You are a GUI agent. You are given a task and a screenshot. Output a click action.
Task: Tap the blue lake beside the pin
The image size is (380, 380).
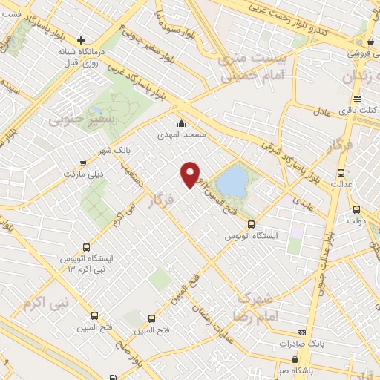[232, 181]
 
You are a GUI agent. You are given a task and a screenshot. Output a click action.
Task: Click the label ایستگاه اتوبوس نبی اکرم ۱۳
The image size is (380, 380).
[88, 263]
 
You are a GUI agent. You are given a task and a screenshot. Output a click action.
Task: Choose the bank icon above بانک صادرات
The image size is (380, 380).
[301, 332]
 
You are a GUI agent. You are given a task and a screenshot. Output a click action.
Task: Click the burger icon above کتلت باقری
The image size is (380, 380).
[358, 99]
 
